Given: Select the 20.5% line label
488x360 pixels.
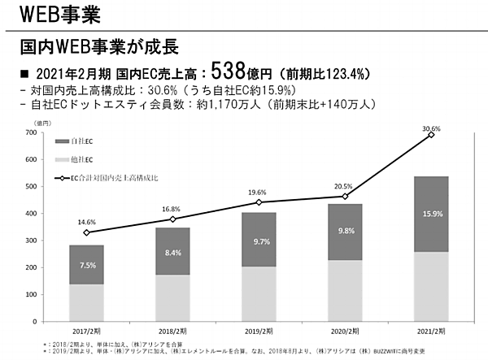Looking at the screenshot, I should (x=344, y=185).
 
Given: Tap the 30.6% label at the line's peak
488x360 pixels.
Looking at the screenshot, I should (x=431, y=128).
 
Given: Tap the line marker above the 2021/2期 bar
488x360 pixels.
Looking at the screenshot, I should (x=431, y=135).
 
